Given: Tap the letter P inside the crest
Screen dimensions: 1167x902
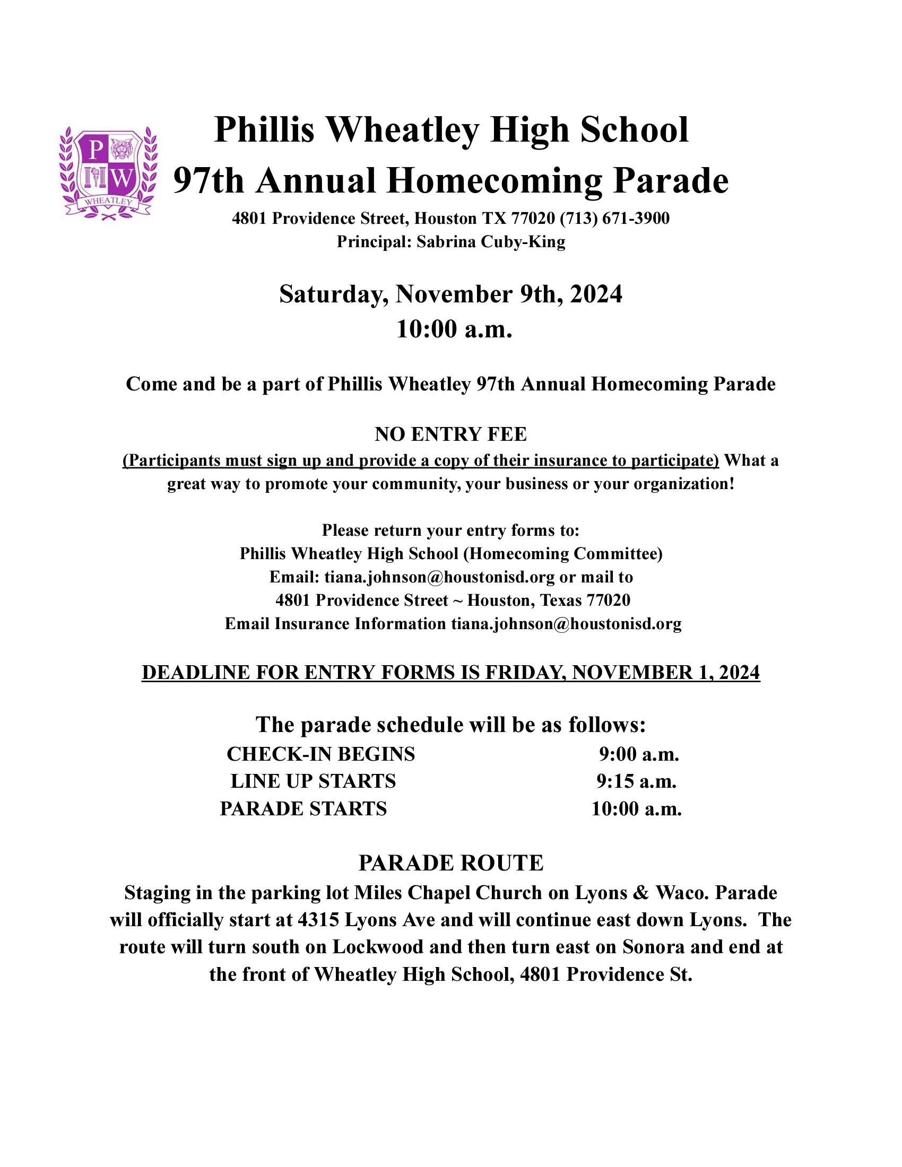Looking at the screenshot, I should click(x=94, y=150).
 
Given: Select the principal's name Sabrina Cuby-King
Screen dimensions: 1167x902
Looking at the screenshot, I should click(x=491, y=242).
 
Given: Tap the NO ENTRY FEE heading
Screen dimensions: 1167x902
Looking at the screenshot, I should click(x=450, y=434).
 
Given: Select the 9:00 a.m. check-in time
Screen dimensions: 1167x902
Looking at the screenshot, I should click(x=638, y=754).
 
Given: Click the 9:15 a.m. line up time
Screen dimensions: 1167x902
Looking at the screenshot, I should click(x=636, y=781).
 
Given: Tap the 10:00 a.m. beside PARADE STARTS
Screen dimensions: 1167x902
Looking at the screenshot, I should click(x=636, y=808).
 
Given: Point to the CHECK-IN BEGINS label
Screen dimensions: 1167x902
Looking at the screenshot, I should click(x=320, y=754).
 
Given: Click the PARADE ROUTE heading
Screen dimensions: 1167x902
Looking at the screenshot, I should click(x=450, y=863).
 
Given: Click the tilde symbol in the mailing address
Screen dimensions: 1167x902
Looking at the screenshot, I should click(x=457, y=600).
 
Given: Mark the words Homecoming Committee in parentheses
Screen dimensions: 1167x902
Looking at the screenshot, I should click(x=563, y=554).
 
